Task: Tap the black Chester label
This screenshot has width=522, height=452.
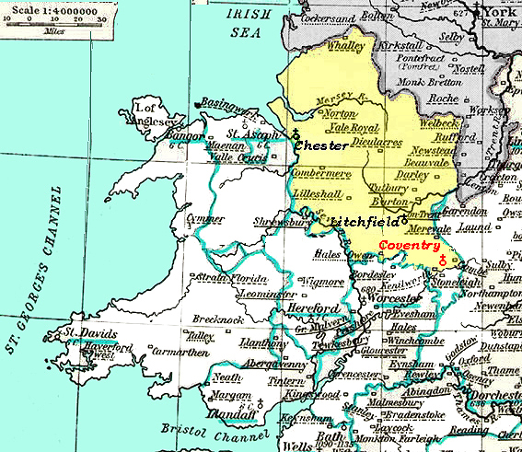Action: pyautogui.click(x=320, y=145)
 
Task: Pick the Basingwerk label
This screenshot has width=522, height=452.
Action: pyautogui.click(x=222, y=103)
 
